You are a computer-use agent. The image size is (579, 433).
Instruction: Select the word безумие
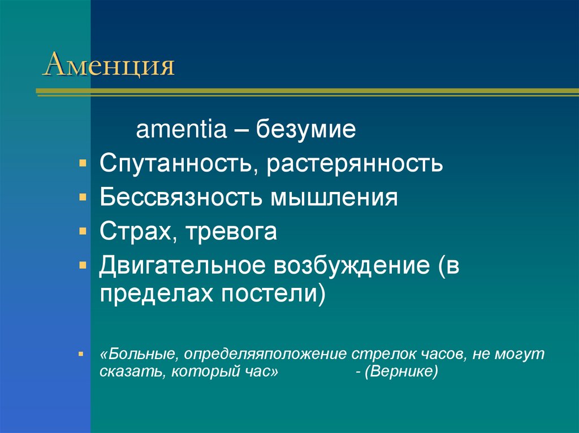(306, 131)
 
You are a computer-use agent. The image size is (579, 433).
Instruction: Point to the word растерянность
(355, 164)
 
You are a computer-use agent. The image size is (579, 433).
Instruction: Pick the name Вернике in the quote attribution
(402, 373)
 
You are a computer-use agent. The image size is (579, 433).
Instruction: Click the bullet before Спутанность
(83, 163)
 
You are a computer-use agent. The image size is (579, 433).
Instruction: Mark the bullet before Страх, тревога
(83, 230)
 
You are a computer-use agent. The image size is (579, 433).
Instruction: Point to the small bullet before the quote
(83, 353)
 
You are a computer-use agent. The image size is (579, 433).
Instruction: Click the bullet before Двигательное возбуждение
(83, 264)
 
